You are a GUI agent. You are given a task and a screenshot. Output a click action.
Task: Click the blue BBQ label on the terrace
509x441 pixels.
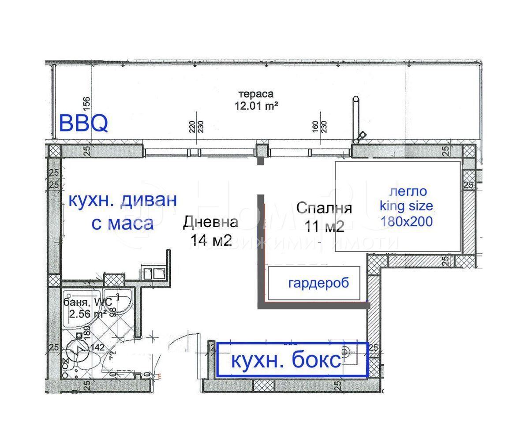[83, 123]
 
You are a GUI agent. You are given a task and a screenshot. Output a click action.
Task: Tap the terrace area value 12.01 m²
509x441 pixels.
[256, 106]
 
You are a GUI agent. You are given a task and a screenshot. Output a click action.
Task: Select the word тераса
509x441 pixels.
[256, 94]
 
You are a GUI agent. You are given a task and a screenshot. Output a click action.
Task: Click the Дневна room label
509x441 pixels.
[211, 222]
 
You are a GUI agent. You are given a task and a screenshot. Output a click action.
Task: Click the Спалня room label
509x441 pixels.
[324, 208]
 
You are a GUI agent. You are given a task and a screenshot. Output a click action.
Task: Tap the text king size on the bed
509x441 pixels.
[406, 206]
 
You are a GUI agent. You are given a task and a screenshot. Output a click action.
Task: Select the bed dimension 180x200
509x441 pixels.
[406, 221]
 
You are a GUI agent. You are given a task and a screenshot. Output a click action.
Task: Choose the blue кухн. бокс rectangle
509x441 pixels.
[292, 360]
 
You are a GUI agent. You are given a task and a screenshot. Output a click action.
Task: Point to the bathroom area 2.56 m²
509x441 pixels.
[88, 314]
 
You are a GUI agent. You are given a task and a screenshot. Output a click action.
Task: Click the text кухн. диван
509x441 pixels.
[122, 200]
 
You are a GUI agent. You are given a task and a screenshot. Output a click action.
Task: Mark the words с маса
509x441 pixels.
[122, 223]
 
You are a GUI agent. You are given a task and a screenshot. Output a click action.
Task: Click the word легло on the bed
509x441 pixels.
[408, 191]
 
